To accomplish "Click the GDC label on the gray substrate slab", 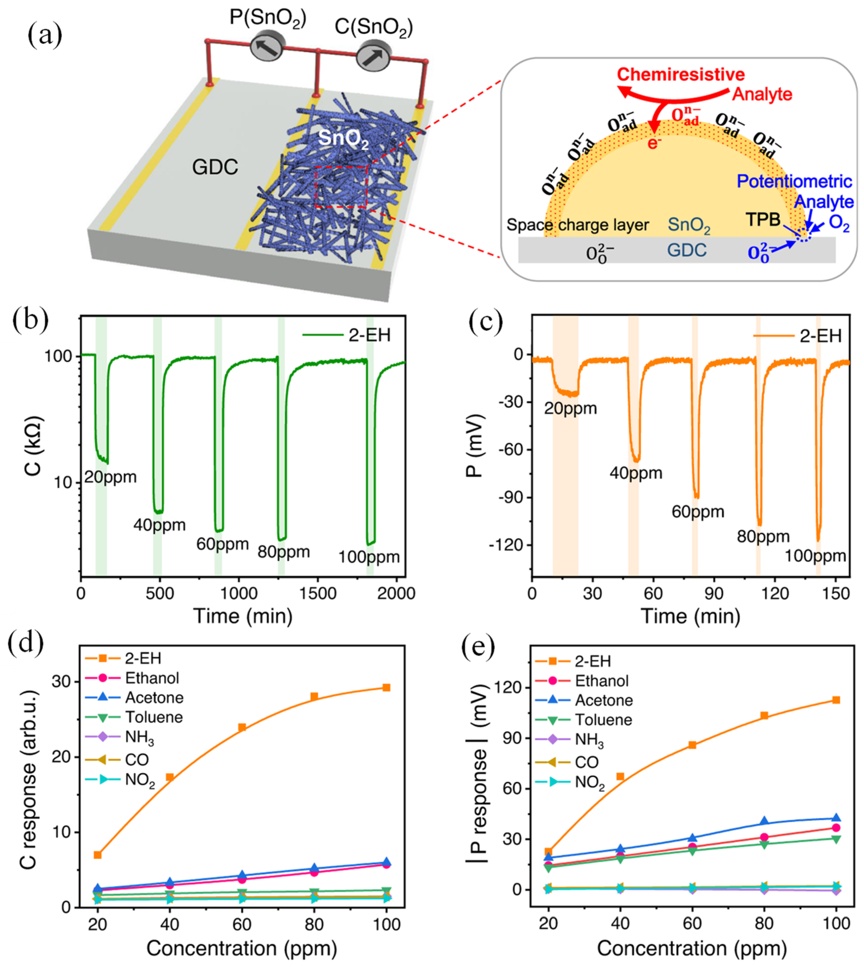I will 215,167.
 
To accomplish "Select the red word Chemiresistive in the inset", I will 680,74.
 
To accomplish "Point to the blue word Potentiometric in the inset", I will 794,181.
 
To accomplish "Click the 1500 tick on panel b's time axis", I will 317,594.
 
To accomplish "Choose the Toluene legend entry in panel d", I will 153,717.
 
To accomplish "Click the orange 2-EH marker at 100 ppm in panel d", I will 386,687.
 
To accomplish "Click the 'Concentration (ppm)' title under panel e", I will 692,949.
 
